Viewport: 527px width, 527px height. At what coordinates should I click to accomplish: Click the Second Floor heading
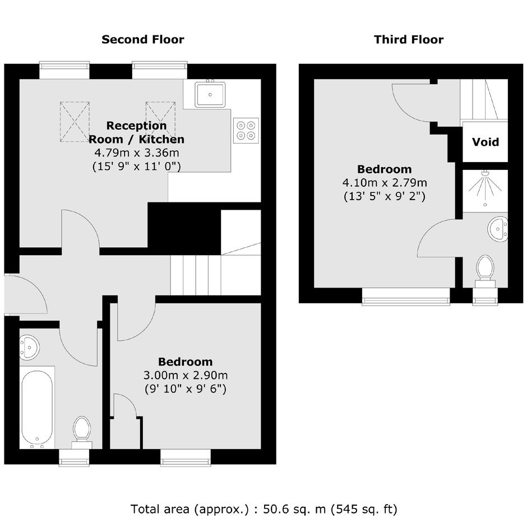coord(143,39)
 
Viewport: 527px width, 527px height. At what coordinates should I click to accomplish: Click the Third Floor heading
coord(409,39)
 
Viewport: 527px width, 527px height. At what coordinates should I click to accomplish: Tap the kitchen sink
coord(210,94)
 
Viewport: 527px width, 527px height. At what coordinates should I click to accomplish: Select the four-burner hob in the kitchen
coord(246,131)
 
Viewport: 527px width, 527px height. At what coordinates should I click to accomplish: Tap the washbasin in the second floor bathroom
coord(29,346)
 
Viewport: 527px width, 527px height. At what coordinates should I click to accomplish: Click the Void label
coord(486,142)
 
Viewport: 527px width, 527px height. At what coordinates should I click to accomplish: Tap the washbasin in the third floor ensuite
coord(498,229)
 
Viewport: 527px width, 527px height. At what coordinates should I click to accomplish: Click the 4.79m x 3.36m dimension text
coord(136,152)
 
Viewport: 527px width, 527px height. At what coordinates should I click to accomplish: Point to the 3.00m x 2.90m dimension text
coord(186,375)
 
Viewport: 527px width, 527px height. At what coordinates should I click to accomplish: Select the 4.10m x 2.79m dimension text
coord(385,183)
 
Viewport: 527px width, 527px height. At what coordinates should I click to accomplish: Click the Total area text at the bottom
coord(264,509)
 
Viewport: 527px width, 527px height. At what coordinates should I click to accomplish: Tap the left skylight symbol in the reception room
coord(75,122)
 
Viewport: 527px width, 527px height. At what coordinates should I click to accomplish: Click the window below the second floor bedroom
coord(186,457)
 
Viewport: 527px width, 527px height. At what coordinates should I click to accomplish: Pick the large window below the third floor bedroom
coord(406,296)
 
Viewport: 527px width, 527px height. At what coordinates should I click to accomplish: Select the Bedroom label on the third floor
coord(384,169)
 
